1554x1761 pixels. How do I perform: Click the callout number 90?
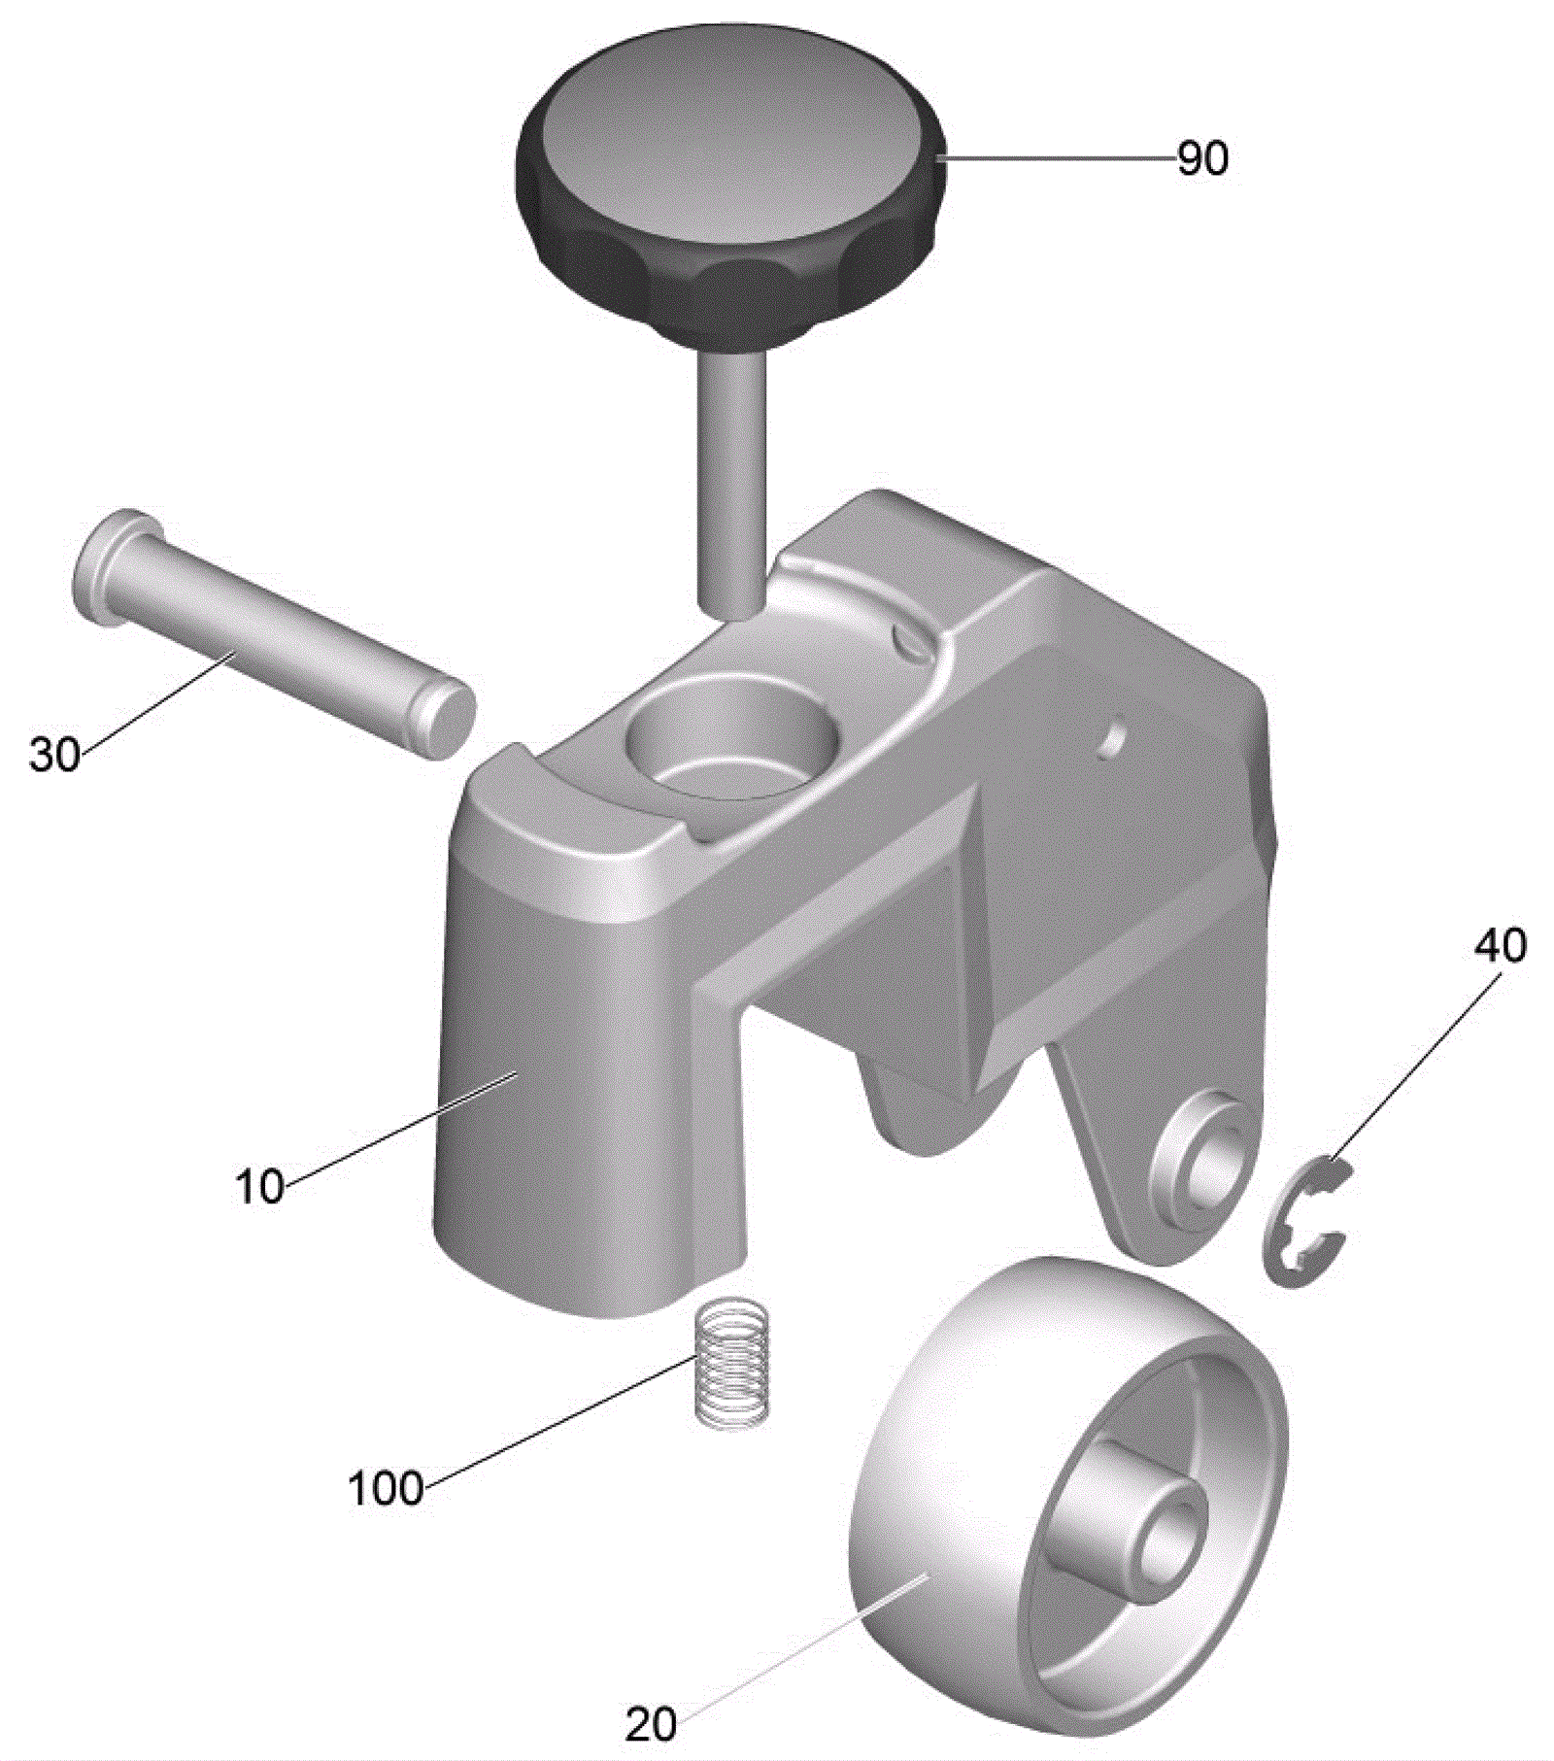pyautogui.click(x=1202, y=157)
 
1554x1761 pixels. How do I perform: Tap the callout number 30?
pyautogui.click(x=54, y=754)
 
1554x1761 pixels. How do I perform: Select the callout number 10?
pyautogui.click(x=260, y=1186)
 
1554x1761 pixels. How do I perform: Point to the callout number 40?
pyautogui.click(x=1501, y=945)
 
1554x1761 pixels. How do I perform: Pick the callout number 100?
pyautogui.click(x=386, y=1488)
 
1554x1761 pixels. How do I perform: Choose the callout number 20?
pyautogui.click(x=651, y=1725)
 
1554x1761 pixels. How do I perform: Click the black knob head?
pyautogui.click(x=728, y=194)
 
